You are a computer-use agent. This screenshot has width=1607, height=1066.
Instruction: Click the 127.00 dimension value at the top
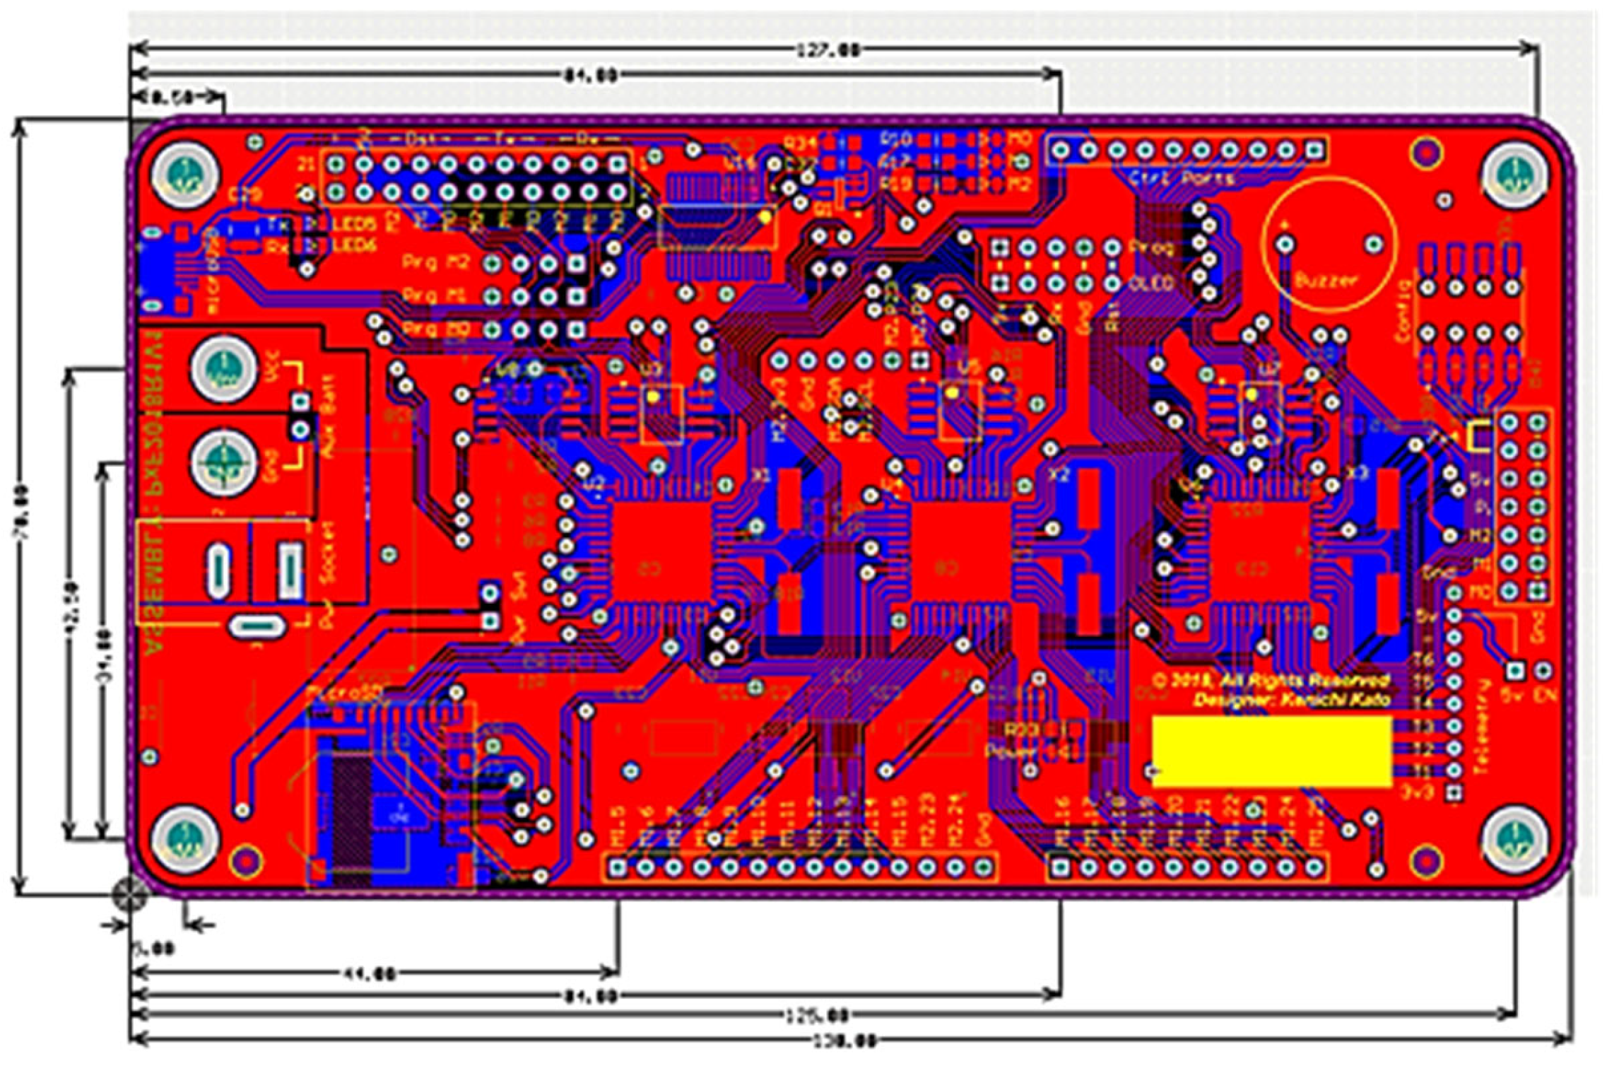coord(828,50)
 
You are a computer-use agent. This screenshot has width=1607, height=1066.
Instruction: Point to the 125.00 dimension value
coord(817,1016)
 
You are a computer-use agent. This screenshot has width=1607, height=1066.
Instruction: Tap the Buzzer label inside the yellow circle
coord(1326,281)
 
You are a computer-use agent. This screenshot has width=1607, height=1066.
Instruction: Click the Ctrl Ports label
coord(1182,178)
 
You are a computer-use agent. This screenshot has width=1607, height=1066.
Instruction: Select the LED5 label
coord(354,225)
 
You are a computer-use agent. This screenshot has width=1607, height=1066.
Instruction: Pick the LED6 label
coord(354,245)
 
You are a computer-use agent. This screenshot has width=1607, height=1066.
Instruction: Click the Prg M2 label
coord(436,263)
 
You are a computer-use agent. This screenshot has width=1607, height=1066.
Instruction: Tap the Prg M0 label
coord(436,329)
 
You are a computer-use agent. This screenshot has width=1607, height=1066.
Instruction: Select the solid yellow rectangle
coord(1272,751)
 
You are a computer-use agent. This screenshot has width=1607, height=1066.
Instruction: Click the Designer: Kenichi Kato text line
coord(1292,700)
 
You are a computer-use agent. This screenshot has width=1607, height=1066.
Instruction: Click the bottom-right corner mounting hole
coord(1513,838)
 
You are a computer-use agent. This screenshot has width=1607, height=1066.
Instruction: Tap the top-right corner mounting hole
coord(1513,172)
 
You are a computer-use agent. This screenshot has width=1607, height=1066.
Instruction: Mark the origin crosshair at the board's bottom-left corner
coord(130,894)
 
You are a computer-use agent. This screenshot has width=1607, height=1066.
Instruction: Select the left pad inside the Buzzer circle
coord(1285,245)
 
